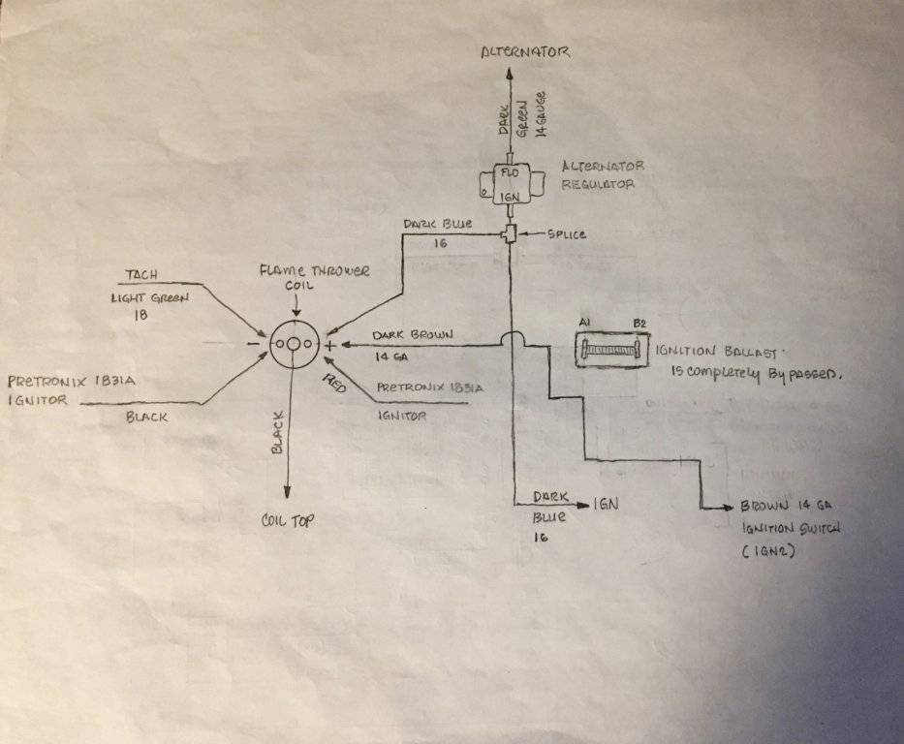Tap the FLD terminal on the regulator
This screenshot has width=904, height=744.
510,172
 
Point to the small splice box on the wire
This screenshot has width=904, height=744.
510,233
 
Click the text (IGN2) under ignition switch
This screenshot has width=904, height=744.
768,550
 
